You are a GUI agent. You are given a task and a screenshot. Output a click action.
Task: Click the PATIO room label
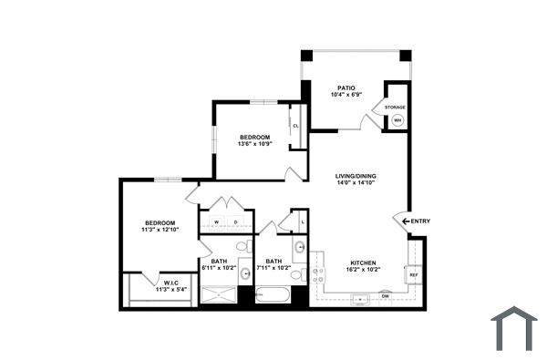pos(346,88)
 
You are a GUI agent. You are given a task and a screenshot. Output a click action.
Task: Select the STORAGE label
pos(395,107)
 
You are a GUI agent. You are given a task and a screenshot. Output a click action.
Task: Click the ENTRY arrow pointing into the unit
pos(397,221)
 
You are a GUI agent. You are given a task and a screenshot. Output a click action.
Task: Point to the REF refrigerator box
pos(413,274)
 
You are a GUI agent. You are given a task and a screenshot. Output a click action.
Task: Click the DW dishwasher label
pos(385,295)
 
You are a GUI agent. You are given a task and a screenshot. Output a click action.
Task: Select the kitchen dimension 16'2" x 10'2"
pos(362,270)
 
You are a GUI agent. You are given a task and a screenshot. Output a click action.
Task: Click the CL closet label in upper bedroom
pos(295,126)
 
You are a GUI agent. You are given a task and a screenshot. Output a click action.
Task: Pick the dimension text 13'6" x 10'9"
pos(255,143)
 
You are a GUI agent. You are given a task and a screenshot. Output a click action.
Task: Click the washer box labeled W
pos(216,221)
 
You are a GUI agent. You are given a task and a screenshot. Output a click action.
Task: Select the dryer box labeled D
pos(236,221)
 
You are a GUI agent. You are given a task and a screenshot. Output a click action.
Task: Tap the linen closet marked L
pos(302,221)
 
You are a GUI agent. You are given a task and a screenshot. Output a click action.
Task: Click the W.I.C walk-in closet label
pos(170,283)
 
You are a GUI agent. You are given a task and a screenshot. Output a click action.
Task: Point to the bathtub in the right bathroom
pos(273,295)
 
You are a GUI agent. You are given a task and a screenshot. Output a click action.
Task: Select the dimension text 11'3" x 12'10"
pos(159,230)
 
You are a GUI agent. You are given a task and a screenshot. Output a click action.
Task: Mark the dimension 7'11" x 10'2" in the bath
pos(273,268)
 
